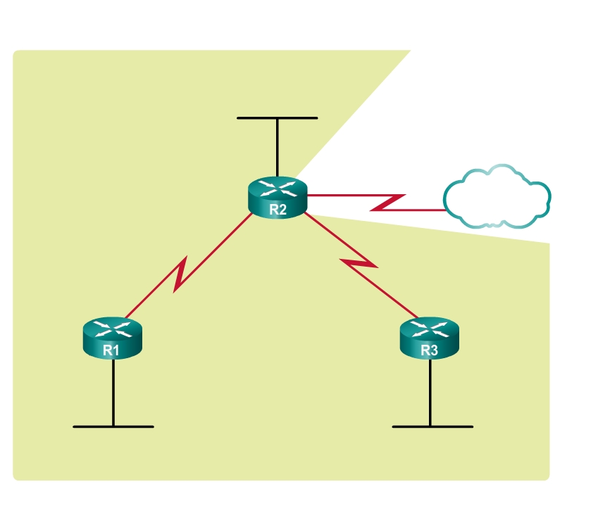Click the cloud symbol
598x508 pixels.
tap(497, 198)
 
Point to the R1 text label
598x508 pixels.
tap(111, 349)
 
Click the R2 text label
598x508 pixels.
tap(278, 209)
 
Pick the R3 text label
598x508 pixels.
tap(429, 349)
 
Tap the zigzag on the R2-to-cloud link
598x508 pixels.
tap(387, 203)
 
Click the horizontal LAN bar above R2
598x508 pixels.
tap(278, 118)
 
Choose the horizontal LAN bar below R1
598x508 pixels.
tap(113, 426)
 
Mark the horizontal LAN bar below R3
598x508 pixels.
tap(432, 426)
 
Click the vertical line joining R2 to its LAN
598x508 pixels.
tap(278, 148)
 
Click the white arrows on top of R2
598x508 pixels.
tap(278, 187)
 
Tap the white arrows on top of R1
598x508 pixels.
tap(111, 327)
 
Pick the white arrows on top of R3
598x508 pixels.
tap(429, 327)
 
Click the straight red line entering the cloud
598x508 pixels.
tap(423, 210)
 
